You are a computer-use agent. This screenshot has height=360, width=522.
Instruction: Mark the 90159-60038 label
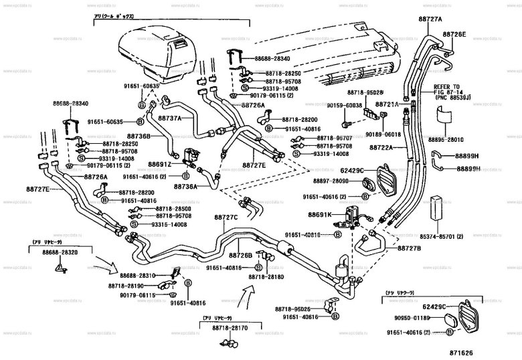pos(345,105)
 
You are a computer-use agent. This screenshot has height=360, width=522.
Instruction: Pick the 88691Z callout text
pos(159,163)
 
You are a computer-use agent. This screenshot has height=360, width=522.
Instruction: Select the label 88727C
pos(226,217)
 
